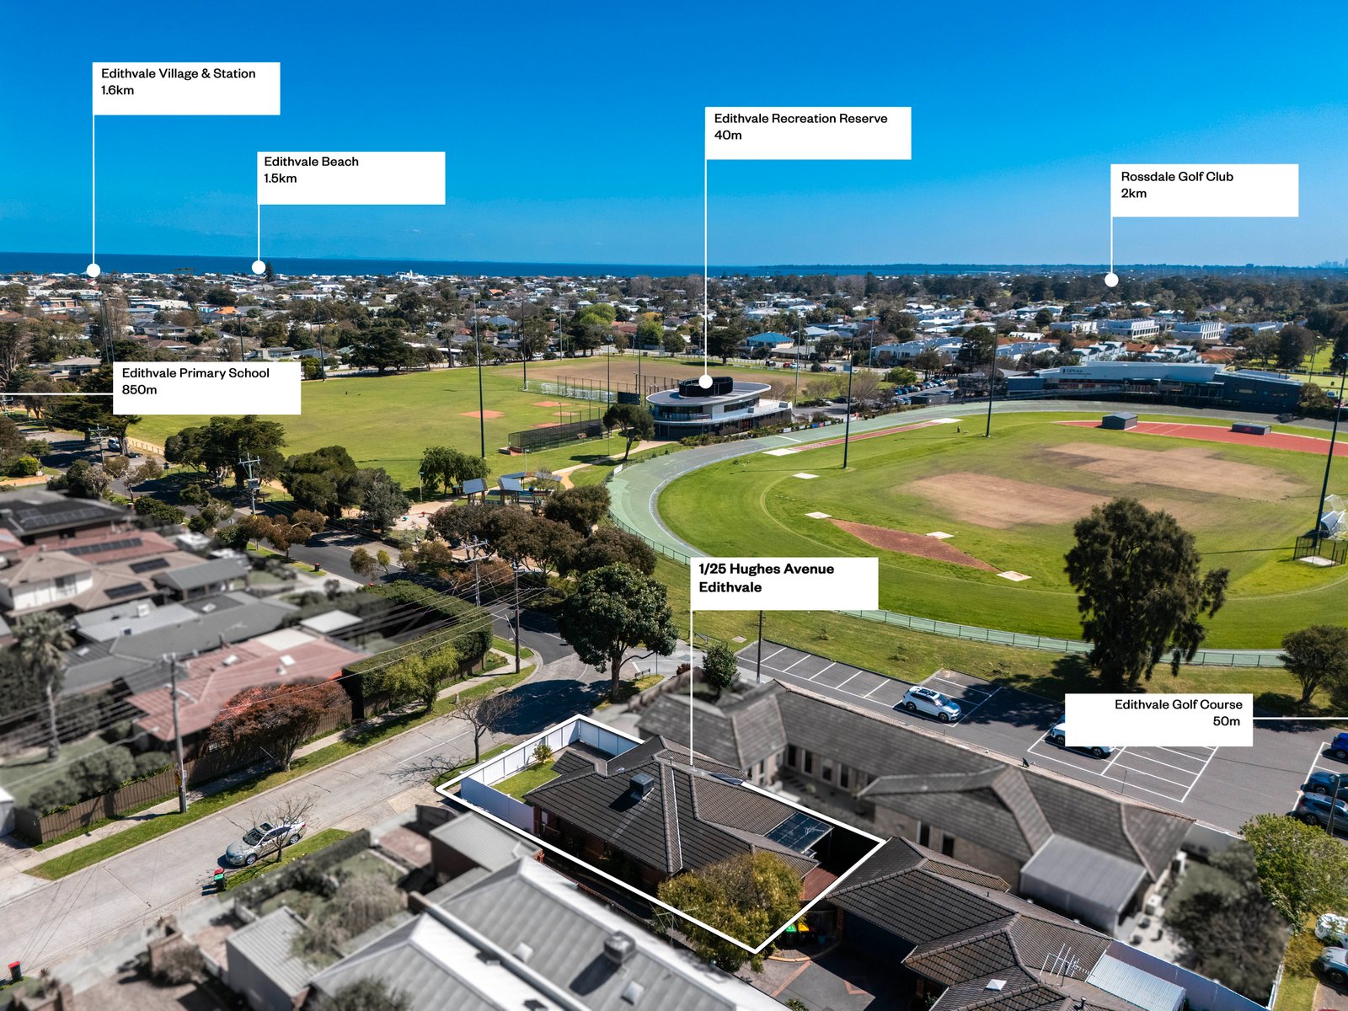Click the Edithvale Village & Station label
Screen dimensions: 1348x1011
coord(186,88)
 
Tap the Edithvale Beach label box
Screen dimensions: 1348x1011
coord(350,178)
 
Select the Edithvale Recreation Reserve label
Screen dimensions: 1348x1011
coord(808,133)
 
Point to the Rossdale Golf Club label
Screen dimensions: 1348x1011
coord(1204,190)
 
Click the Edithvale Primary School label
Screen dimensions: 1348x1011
coord(207,388)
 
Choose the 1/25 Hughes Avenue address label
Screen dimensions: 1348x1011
coord(784,583)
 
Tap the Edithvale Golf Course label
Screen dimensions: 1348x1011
coord(1158,720)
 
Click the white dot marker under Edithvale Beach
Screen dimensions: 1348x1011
coord(259,268)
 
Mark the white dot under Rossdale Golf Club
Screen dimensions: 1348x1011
coord(1111,280)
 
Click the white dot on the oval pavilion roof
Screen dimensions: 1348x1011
coord(706,382)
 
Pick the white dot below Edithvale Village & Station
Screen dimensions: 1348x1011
coord(94,270)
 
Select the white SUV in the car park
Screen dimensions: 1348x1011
coord(932,703)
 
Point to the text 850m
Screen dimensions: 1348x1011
coord(139,390)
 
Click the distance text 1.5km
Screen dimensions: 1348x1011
coord(280,179)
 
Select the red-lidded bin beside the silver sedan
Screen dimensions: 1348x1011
coord(218,879)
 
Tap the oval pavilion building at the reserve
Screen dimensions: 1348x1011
coord(717,406)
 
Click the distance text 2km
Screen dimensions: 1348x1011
coord(1134,194)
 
